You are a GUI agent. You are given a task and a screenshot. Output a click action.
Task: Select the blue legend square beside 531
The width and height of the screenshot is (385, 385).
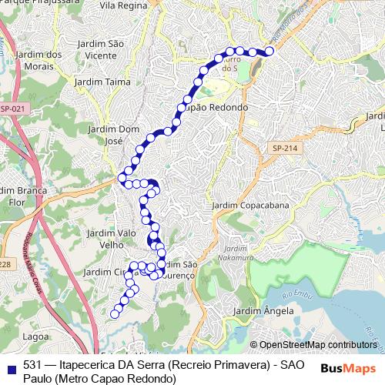(10, 367)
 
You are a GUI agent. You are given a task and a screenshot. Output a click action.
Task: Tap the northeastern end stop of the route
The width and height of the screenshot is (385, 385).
(269, 52)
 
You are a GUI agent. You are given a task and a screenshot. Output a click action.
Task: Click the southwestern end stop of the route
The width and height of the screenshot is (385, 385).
(115, 313)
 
